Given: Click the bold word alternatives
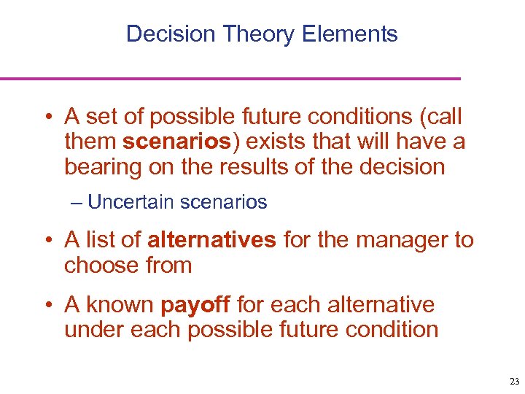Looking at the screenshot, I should [x=211, y=240].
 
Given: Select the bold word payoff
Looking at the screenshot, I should [x=188, y=304].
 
